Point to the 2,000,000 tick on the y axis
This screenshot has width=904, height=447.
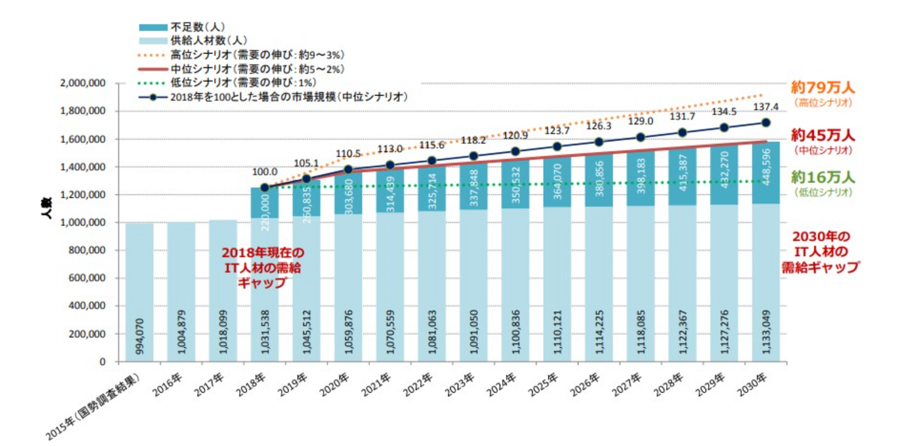click(87, 84)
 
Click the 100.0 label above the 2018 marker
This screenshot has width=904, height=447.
click(264, 171)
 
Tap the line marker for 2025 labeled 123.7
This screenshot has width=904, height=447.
click(556, 146)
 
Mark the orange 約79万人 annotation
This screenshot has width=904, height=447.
click(823, 87)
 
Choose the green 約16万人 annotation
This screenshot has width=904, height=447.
click(823, 178)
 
